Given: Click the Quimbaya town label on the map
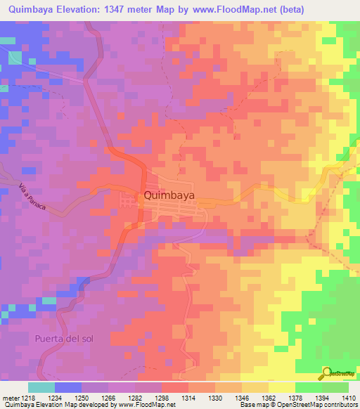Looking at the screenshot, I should [x=169, y=196].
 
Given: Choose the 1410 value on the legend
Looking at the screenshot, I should [x=347, y=397].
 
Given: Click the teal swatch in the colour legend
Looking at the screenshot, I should [x=41, y=387].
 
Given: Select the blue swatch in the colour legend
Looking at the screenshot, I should [x=67, y=387].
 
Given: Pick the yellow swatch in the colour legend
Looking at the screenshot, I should [x=281, y=387].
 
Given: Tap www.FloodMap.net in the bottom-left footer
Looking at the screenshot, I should [x=146, y=405].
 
